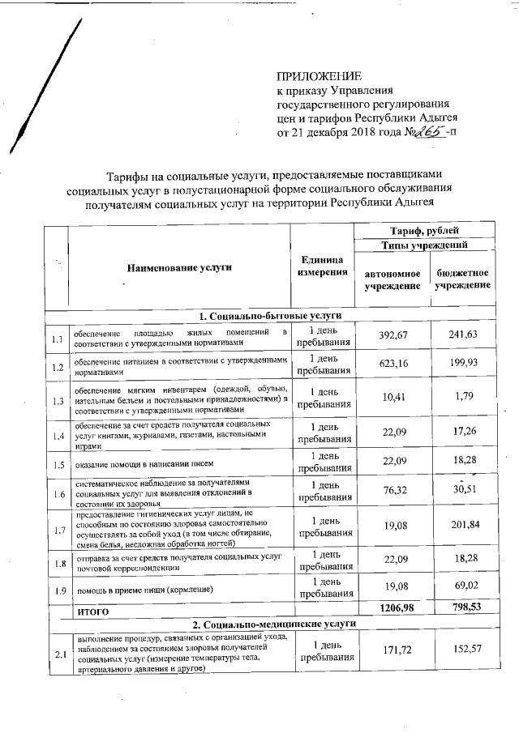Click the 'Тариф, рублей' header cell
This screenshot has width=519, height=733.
point(427,231)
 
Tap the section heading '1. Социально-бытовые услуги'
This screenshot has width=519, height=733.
point(268,315)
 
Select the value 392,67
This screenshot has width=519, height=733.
point(392,335)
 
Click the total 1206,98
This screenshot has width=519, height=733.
point(392,607)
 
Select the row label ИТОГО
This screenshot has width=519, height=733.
point(92,607)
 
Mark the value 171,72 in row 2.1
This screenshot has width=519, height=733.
point(392,651)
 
